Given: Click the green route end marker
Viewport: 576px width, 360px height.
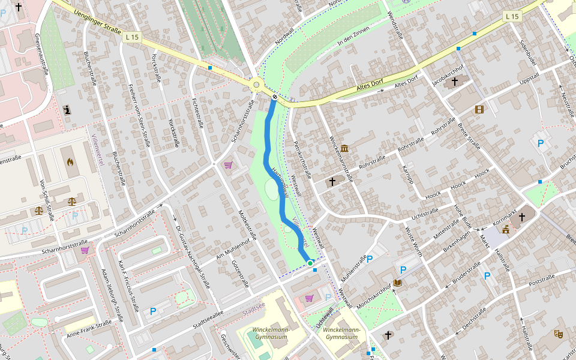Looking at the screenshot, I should pyautogui.click(x=310, y=263).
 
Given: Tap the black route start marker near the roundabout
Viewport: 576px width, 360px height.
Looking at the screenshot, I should pyautogui.click(x=275, y=97).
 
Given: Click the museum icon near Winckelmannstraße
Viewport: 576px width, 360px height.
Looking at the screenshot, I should pyautogui.click(x=344, y=148).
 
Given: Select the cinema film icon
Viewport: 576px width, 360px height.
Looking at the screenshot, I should pyautogui.click(x=479, y=109).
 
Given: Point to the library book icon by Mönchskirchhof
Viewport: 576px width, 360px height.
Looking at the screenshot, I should pyautogui.click(x=397, y=283).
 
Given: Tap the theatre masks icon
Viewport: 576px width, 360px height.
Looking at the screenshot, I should pyautogui.click(x=559, y=334).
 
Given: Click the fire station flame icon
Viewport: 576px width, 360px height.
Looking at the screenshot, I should pyautogui.click(x=70, y=162).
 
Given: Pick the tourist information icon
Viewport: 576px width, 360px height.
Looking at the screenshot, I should pyautogui.click(x=67, y=110).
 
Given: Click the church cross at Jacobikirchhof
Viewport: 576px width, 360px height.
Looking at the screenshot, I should pyautogui.click(x=454, y=81).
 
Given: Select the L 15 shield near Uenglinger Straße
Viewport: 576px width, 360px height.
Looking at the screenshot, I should pyautogui.click(x=133, y=37).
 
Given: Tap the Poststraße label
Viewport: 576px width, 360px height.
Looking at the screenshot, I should pyautogui.click(x=541, y=279).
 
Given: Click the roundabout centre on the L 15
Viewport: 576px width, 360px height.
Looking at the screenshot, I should pyautogui.click(x=257, y=85).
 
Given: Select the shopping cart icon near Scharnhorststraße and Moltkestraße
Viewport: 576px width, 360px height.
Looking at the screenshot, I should pyautogui.click(x=228, y=165).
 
